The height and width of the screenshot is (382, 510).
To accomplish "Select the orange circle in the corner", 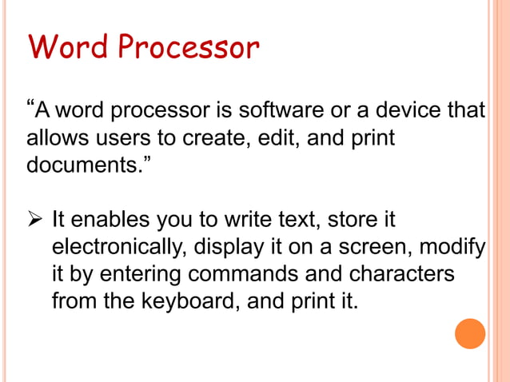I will pyautogui.click(x=470, y=333).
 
